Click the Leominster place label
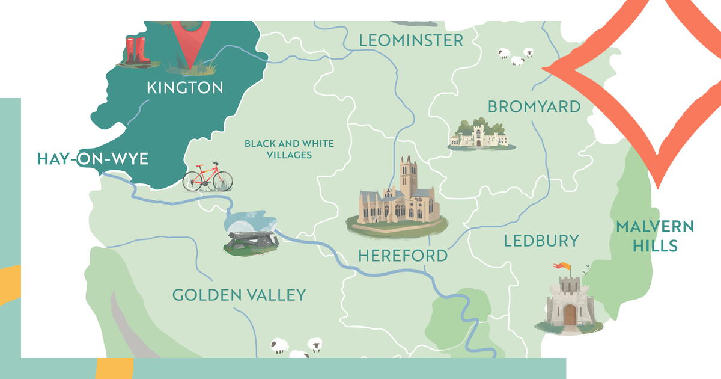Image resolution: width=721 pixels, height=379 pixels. (x=411, y=40)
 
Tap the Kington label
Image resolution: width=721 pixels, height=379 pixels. (x=185, y=88)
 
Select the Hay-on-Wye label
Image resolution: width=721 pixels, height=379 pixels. (x=93, y=159)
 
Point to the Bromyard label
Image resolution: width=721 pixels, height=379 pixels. (x=534, y=107)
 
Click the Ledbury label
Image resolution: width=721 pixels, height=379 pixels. (x=541, y=241)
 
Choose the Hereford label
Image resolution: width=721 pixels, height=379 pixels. (x=403, y=256)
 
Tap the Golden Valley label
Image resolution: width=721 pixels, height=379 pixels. (x=239, y=295)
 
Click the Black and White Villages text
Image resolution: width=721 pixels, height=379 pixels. (x=289, y=149)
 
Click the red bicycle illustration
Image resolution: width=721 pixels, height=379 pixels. (x=208, y=176)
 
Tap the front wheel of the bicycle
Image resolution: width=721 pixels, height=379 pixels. (x=222, y=180)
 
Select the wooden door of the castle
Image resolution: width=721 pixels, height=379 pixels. (x=570, y=314)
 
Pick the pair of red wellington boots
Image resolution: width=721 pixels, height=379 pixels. (x=138, y=51)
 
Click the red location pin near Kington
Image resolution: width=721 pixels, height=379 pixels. (x=191, y=36)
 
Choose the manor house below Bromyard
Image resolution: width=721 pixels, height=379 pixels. (x=478, y=135)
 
